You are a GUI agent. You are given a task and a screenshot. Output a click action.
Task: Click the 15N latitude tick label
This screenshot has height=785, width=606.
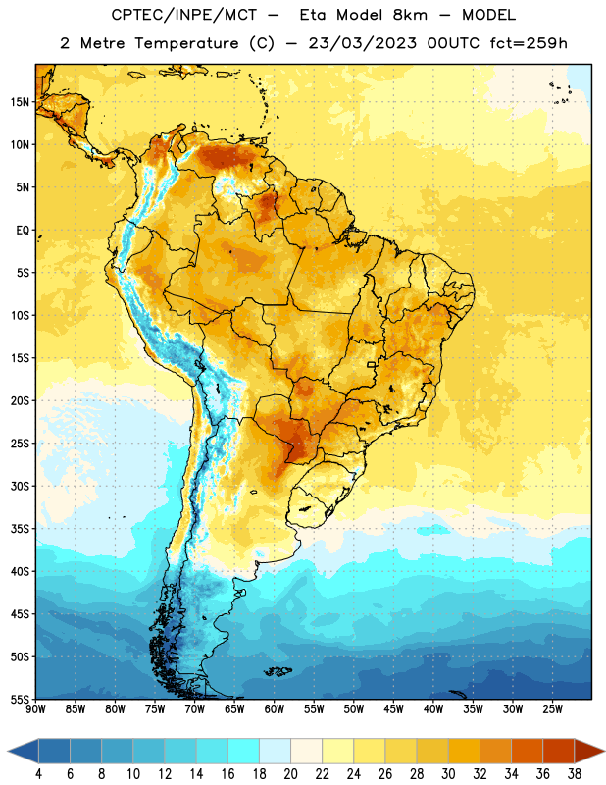(20, 102)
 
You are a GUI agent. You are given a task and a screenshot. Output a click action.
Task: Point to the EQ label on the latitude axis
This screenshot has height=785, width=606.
(23, 231)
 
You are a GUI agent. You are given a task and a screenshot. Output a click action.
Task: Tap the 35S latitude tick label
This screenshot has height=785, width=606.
(20, 529)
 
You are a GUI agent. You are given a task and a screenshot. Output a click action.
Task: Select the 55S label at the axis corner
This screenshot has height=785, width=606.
(20, 699)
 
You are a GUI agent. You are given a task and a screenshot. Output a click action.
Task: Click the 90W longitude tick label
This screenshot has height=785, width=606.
(35, 709)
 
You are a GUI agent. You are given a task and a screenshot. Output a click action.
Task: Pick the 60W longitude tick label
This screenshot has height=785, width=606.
(275, 709)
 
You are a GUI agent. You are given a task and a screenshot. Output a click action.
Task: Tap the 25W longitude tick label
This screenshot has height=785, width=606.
(552, 709)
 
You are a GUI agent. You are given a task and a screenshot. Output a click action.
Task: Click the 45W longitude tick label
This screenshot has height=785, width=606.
(393, 709)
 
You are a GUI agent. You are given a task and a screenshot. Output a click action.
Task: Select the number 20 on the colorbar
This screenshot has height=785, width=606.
(290, 774)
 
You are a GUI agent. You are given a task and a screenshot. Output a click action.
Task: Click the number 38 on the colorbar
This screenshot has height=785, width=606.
(575, 774)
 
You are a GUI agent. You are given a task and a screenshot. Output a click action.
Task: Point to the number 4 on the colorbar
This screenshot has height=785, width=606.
(38, 774)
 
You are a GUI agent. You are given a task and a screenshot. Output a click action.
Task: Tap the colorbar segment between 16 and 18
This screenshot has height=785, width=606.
(244, 751)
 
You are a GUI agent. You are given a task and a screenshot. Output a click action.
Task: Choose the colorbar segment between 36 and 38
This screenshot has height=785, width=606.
(559, 751)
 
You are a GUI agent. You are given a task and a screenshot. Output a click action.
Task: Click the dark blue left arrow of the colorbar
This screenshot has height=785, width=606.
(24, 751)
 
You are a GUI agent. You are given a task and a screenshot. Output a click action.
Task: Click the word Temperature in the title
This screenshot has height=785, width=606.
(186, 43)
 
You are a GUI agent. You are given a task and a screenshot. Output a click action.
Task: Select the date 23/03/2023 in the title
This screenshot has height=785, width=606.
(362, 43)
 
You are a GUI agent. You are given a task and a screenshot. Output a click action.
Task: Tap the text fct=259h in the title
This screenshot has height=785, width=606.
(529, 43)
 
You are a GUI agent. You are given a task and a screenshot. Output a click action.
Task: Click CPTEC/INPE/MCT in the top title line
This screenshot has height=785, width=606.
(183, 15)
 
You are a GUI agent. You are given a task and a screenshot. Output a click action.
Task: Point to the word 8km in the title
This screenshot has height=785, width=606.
(410, 15)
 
